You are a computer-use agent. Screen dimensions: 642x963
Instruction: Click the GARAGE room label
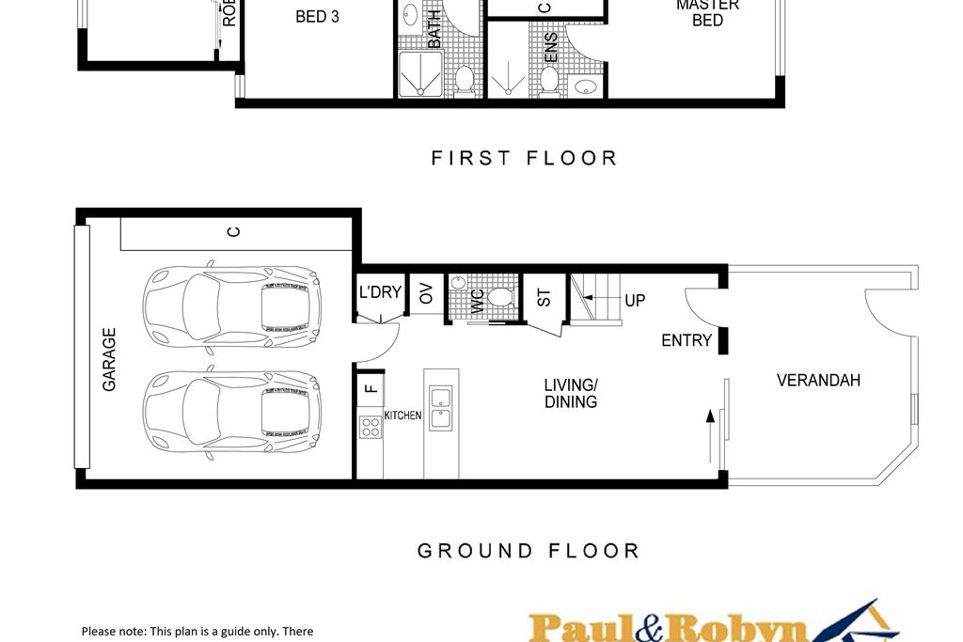tap(109, 359)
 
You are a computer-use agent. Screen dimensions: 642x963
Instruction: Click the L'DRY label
tap(380, 292)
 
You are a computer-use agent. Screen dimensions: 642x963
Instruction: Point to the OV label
tap(426, 293)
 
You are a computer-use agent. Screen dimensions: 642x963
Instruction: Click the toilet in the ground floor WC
tap(499, 298)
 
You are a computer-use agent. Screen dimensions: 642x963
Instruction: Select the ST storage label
tap(544, 297)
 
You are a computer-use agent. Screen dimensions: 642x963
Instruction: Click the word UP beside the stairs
tap(636, 301)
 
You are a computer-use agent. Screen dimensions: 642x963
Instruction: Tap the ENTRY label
tap(687, 340)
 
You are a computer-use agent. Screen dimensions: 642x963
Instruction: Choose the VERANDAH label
tap(818, 381)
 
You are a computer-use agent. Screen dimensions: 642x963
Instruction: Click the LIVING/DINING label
tap(571, 393)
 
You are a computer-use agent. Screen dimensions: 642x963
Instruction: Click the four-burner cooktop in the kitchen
tap(371, 428)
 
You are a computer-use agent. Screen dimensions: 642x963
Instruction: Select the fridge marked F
tap(370, 386)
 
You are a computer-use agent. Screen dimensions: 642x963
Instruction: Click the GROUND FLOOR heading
tap(528, 551)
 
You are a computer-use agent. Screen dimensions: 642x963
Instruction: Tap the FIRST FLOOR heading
tap(524, 158)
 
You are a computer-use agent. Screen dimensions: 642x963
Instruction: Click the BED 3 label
tap(317, 16)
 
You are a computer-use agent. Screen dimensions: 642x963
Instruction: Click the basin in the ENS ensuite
tap(585, 87)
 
